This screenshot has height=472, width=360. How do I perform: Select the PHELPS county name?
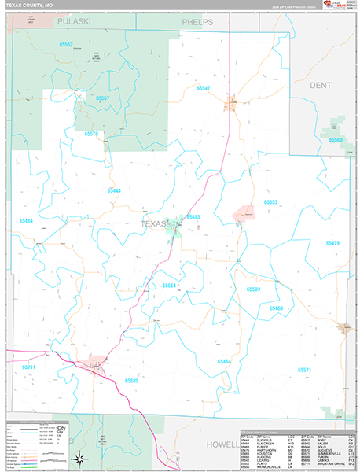(x=197, y=23)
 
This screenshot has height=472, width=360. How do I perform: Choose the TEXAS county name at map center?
(x=154, y=224)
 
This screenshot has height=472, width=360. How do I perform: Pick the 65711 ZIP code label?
(x=29, y=367)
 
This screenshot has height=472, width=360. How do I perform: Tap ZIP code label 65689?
(x=131, y=380)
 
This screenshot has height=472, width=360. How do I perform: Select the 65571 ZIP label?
(x=304, y=369)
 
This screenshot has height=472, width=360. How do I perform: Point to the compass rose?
(x=79, y=458)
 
